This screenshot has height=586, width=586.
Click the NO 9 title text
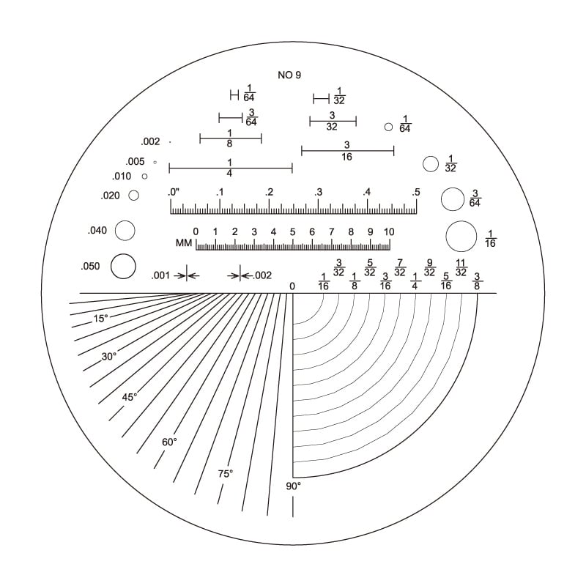[x=289, y=75]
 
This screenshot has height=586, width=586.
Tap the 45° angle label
[x=130, y=397]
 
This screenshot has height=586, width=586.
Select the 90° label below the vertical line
[x=294, y=486]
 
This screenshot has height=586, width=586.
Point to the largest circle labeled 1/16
[x=461, y=221]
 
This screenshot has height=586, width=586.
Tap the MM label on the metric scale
[x=184, y=243]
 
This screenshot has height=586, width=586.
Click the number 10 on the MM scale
[x=389, y=232]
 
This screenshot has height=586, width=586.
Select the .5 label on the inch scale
[x=416, y=193]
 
